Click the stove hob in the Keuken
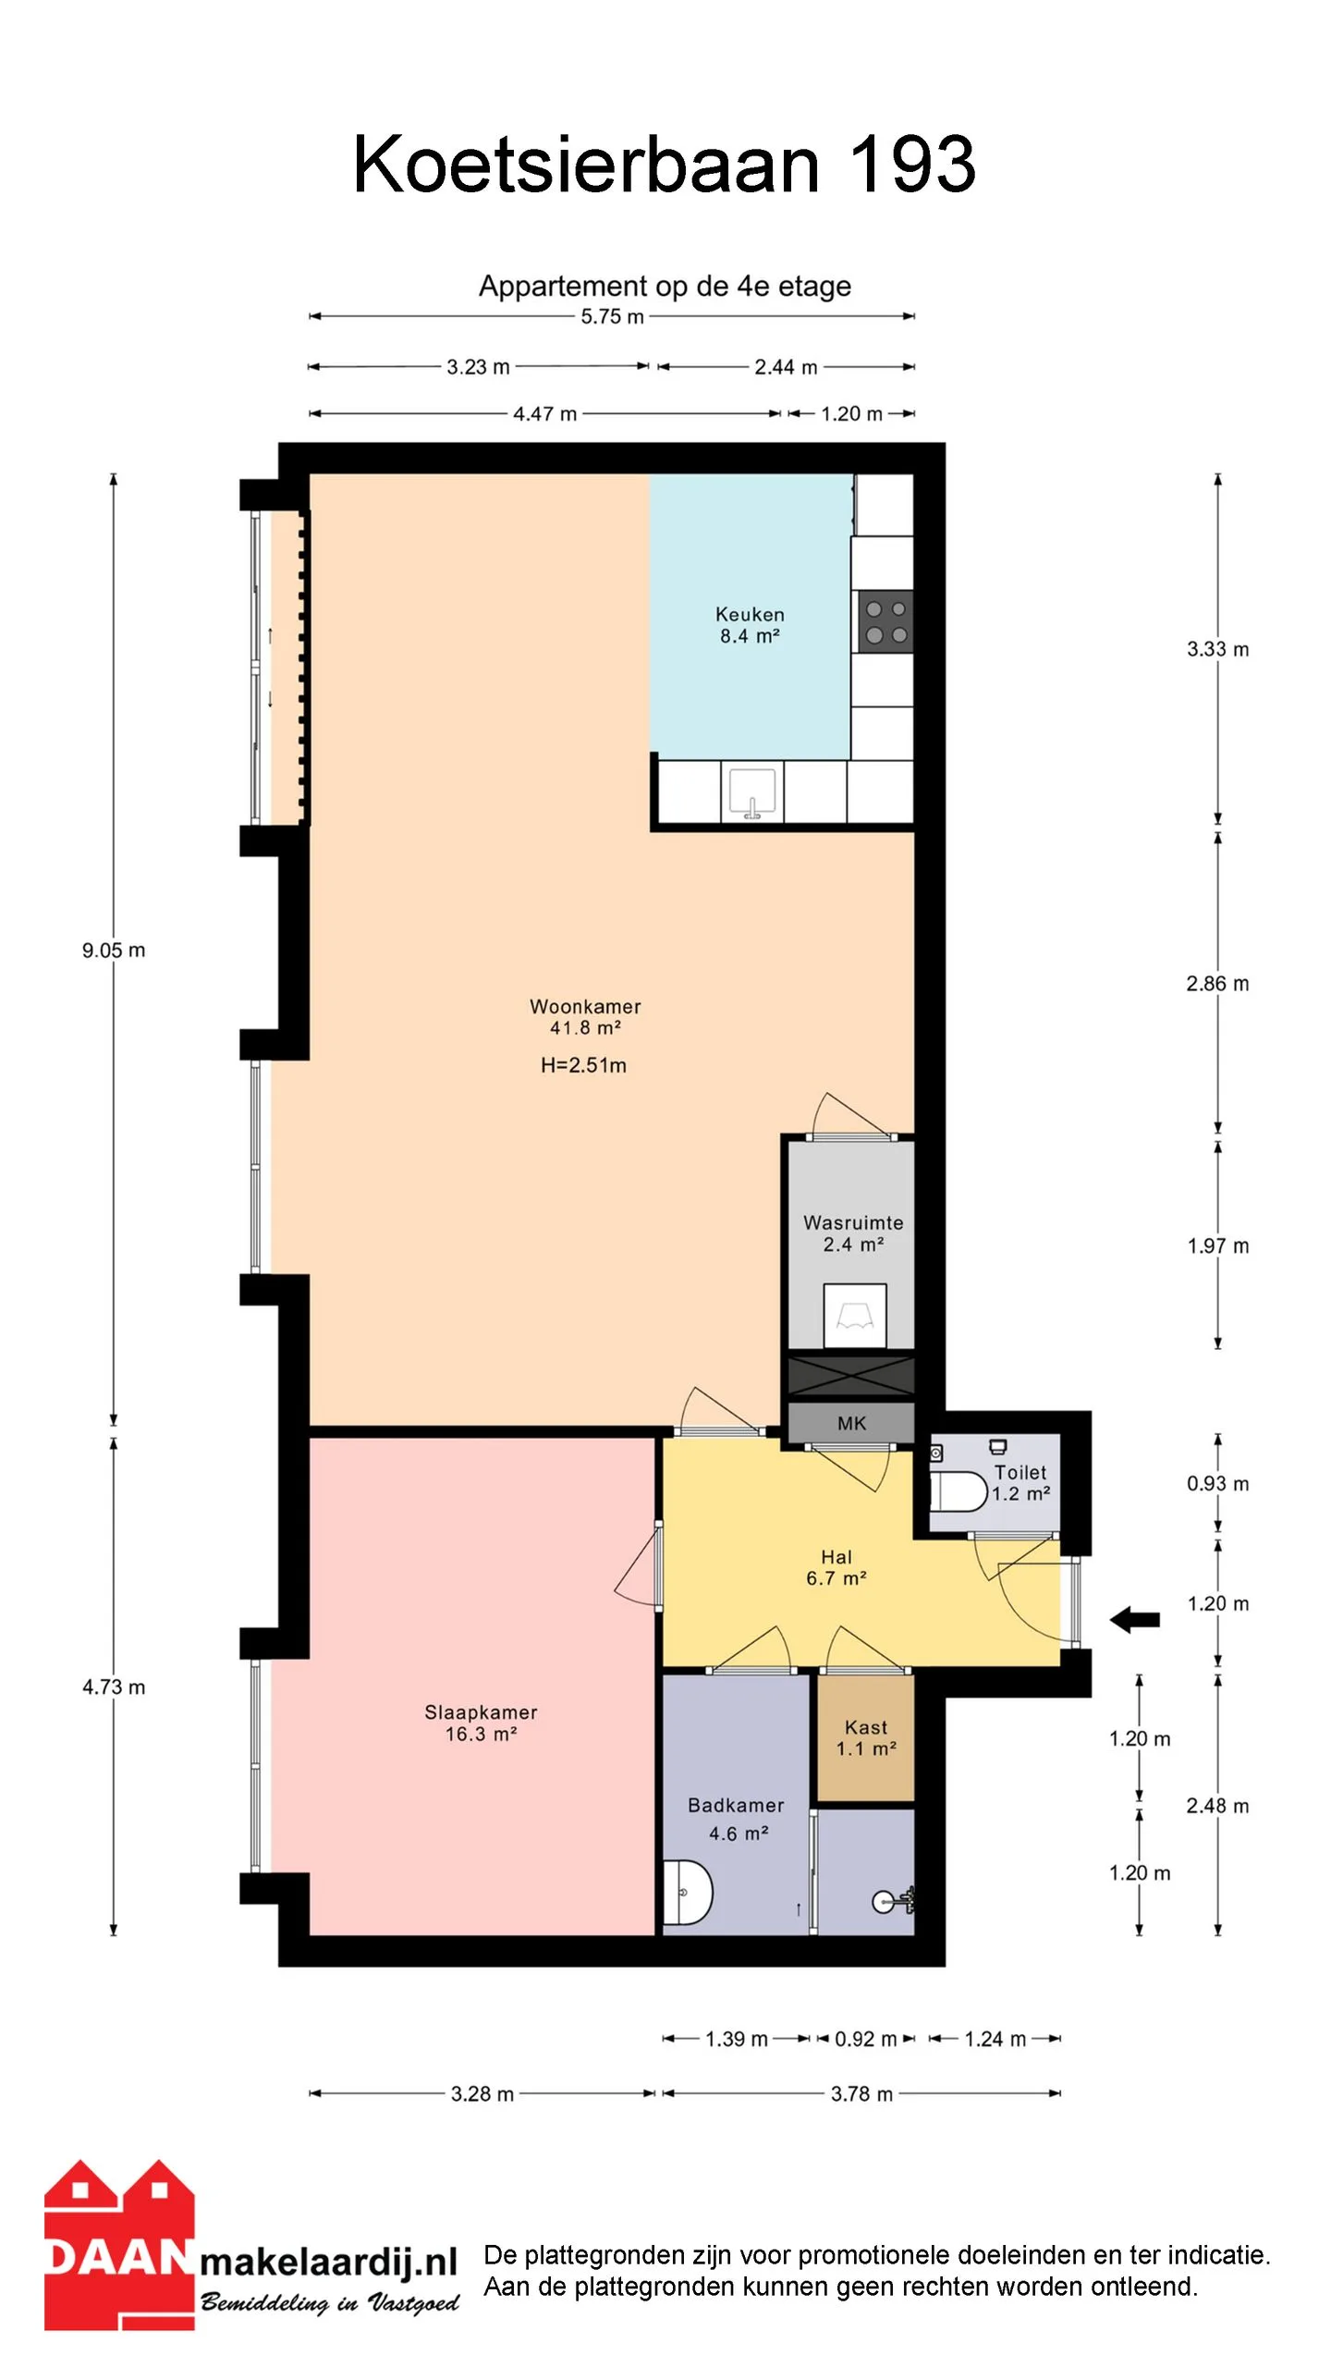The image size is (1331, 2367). tap(885, 621)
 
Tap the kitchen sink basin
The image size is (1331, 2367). tap(752, 792)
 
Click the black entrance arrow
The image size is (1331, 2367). tap(1134, 1619)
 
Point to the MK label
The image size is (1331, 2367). tap(851, 1424)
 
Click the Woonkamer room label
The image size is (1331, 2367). tap(585, 1007)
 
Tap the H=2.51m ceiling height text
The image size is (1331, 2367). tap(583, 1065)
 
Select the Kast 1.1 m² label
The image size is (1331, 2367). tap(866, 1737)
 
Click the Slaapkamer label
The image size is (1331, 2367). tap(481, 1712)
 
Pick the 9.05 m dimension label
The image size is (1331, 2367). tap(114, 950)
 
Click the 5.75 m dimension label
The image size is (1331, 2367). tap(612, 316)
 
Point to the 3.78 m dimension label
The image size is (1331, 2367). tap(861, 2094)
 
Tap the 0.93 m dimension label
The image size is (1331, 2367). tap(1217, 1484)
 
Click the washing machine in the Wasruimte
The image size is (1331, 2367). tap(855, 1315)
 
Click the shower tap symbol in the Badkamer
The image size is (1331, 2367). tap(894, 1900)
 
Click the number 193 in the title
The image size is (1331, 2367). tap(911, 165)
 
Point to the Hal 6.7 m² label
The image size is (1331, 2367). tap(836, 1568)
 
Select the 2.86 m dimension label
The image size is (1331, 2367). tap(1217, 984)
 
